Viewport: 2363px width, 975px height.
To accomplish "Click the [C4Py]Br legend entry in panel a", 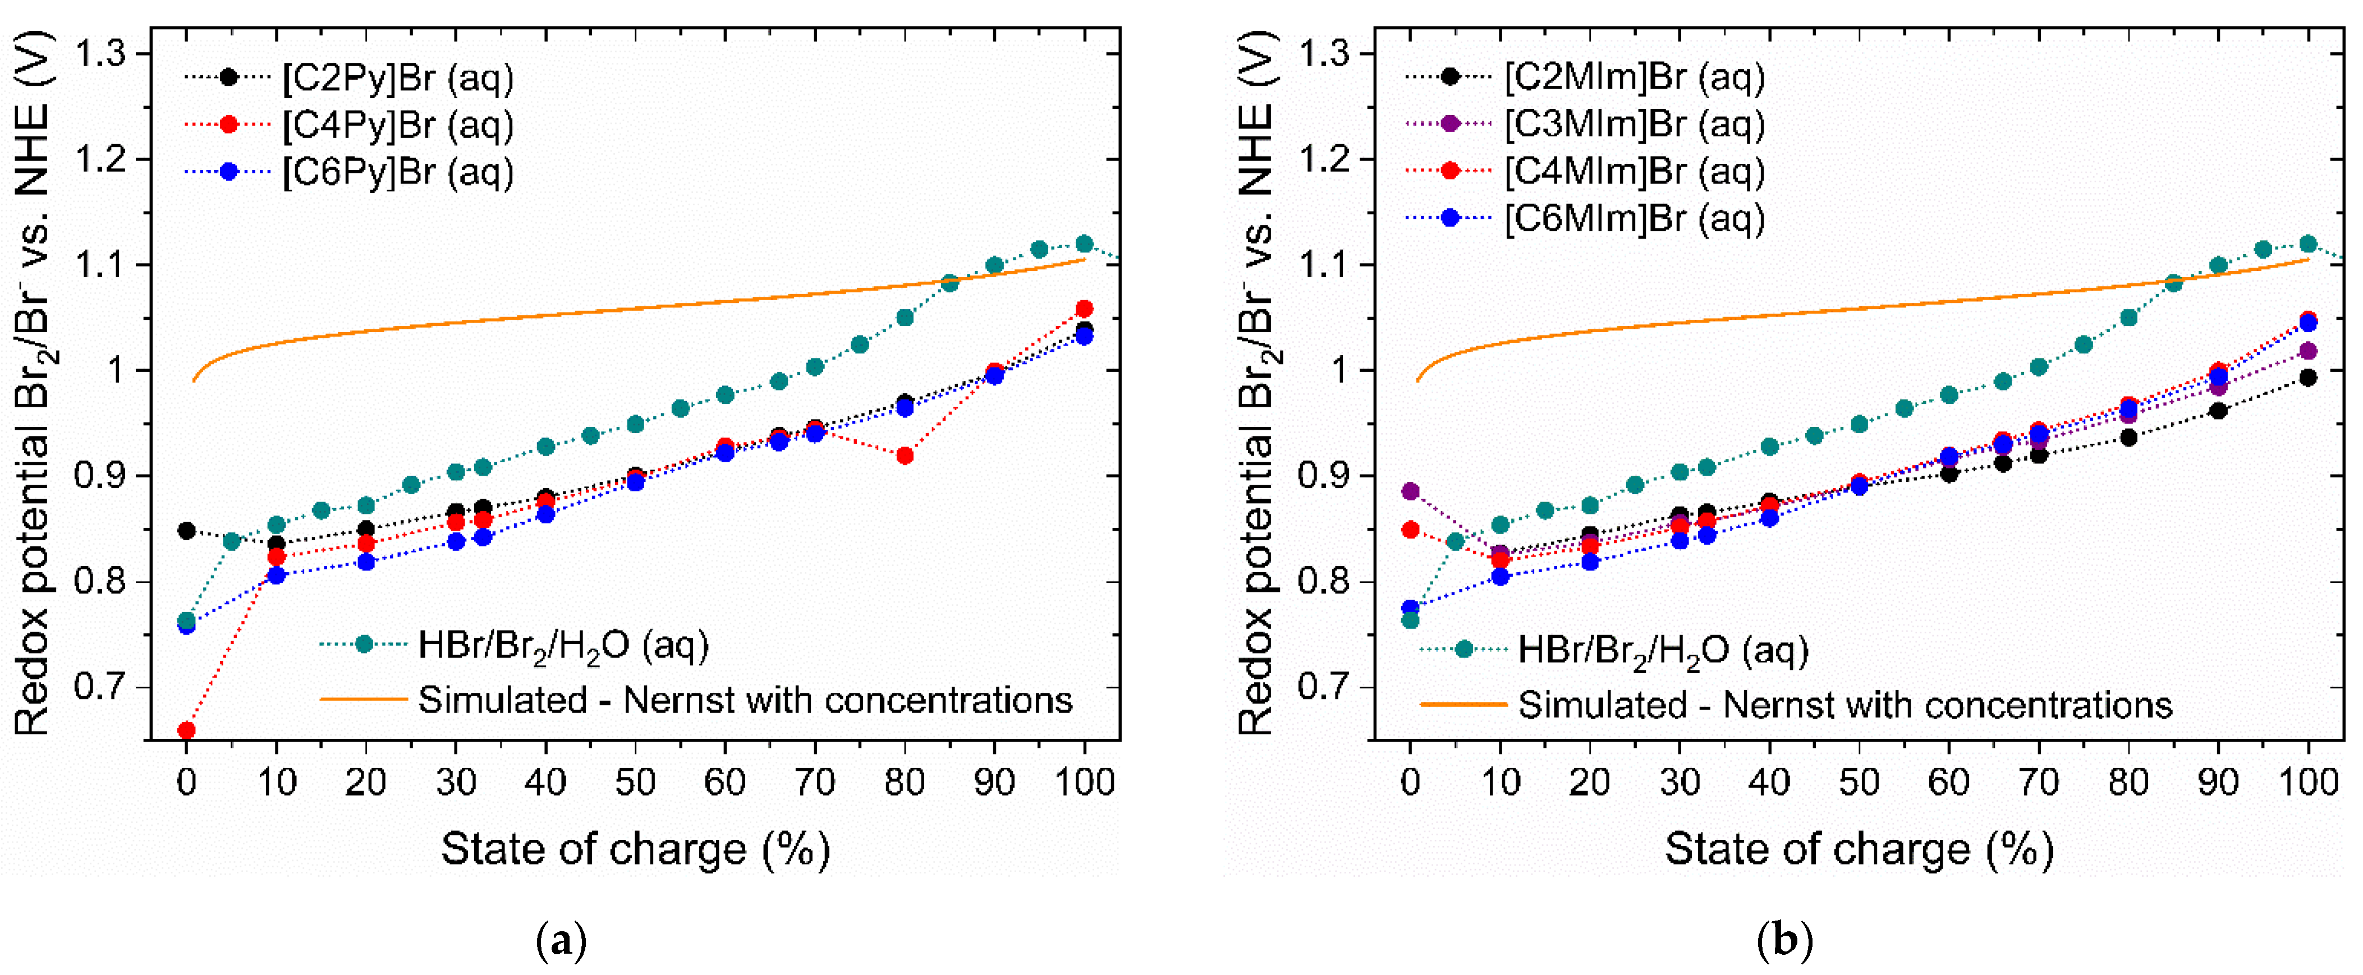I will pyautogui.click(x=396, y=125).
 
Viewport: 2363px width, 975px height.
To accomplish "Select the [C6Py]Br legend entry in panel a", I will pyautogui.click(x=396, y=172).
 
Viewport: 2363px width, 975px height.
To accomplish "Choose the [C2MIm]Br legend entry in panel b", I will pyautogui.click(x=1633, y=77).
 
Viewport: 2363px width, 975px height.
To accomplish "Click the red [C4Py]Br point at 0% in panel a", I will pyautogui.click(x=186, y=730).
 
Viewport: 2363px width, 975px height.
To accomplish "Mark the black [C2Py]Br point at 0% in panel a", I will pyautogui.click(x=186, y=530).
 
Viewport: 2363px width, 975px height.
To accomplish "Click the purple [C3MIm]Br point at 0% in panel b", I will pyautogui.click(x=1411, y=491).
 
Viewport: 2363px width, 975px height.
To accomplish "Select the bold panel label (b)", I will pyautogui.click(x=1784, y=942).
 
